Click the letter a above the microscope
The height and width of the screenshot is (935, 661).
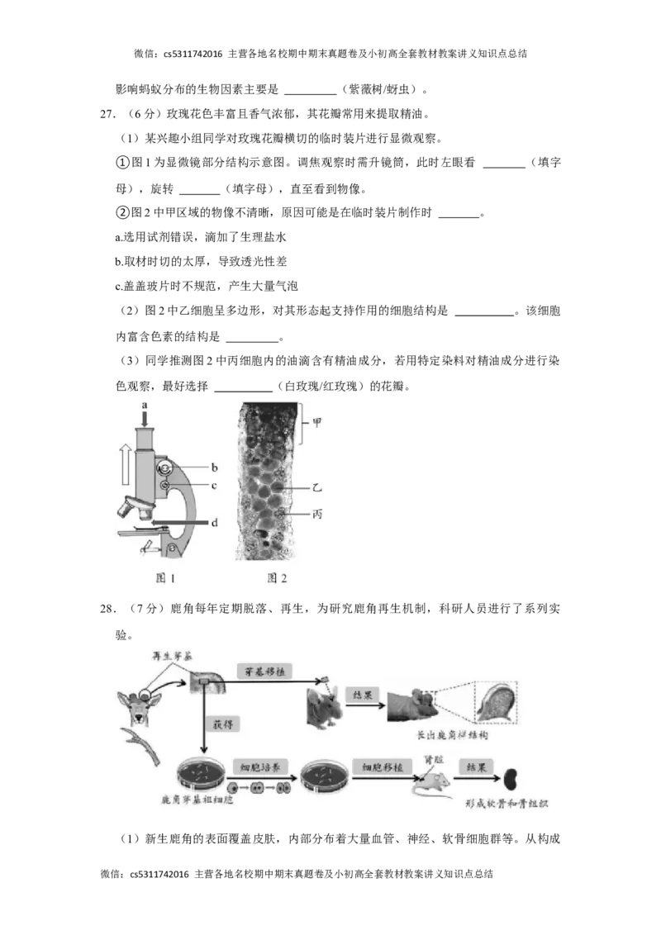144,405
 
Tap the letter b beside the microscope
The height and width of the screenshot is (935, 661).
214,467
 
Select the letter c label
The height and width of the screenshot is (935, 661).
214,486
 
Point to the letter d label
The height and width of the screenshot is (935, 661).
214,522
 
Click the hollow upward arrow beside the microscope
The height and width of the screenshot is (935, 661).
123,463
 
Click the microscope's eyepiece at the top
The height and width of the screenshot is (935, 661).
145,434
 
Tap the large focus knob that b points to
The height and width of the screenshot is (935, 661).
165,467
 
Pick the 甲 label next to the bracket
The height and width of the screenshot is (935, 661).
316,423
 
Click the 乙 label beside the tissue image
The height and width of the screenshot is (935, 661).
316,489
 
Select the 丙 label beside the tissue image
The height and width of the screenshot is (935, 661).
316,514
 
